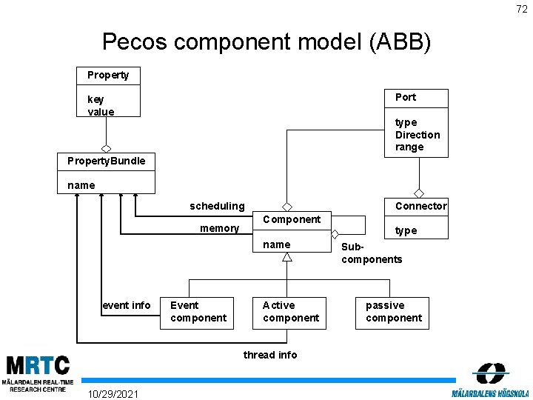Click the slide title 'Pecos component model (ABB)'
266,41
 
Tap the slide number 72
521,9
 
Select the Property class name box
108,75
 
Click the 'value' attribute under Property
101,112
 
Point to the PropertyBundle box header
107,161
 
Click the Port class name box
416,98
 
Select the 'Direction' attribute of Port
418,135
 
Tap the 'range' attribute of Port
409,147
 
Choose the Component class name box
292,219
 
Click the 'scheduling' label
217,206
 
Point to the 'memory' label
219,228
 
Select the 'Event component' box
198,312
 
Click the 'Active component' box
290,312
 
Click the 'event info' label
127,305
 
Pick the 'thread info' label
270,355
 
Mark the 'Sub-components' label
372,253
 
